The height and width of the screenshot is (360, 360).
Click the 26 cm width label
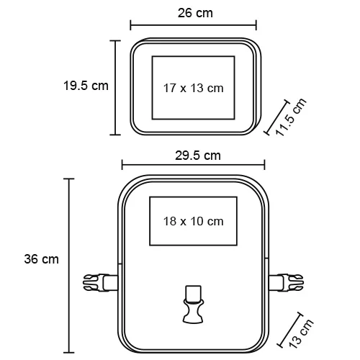click(195, 13)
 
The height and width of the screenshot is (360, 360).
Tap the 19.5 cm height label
click(85, 85)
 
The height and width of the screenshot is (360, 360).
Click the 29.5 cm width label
click(197, 156)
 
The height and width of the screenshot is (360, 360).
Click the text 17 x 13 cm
click(193, 88)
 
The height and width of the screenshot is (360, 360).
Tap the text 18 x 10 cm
click(193, 221)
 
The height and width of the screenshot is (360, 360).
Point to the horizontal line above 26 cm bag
click(194, 26)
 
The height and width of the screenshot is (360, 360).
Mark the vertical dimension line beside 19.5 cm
click(115, 87)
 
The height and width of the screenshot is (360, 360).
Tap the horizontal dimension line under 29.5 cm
click(194, 166)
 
